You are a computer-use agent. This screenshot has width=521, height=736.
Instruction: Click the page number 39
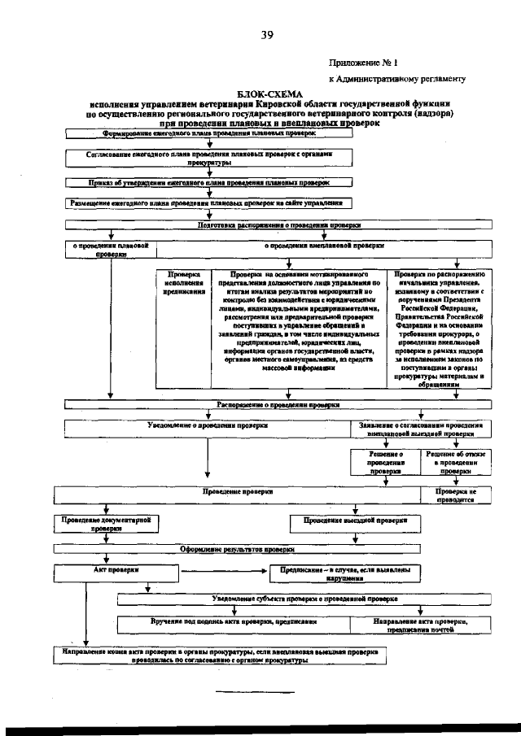266,34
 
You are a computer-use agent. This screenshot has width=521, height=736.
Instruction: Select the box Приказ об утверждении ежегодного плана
209,183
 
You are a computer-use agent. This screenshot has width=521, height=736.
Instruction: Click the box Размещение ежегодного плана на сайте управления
209,204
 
